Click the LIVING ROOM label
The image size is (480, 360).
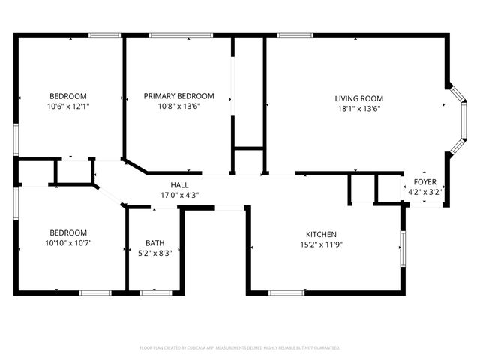click(358, 98)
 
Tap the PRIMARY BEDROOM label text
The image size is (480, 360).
click(179, 96)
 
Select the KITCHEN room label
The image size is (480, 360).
click(320, 234)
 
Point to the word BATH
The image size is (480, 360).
click(154, 243)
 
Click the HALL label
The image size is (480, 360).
click(179, 185)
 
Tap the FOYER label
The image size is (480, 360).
click(424, 182)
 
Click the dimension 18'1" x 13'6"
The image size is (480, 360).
click(358, 108)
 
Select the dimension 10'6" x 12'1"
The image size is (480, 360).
click(68, 106)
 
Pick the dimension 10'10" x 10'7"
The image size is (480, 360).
click(68, 243)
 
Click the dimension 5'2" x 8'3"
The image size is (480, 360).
click(154, 253)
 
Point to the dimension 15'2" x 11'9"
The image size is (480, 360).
click(320, 244)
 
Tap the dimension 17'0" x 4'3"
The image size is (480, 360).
click(179, 195)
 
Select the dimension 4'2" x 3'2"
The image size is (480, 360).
click(424, 192)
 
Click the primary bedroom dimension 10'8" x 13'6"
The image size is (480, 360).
click(179, 106)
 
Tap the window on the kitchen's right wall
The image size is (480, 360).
click(403, 248)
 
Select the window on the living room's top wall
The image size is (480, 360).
click(295, 34)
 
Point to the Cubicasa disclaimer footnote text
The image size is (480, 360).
click(240, 348)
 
